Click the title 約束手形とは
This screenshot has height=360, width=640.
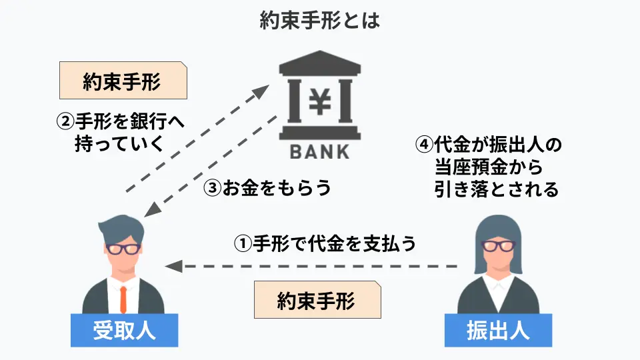pos(319,21)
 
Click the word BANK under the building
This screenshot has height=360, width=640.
pos(319,151)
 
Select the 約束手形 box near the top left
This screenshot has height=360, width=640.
pos(123,81)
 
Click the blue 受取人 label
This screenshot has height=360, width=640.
pos(124,330)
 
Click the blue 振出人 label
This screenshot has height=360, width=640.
pos(499,330)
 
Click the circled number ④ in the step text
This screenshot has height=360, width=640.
pos(423,143)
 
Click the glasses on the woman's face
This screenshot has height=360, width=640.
pos(499,244)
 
